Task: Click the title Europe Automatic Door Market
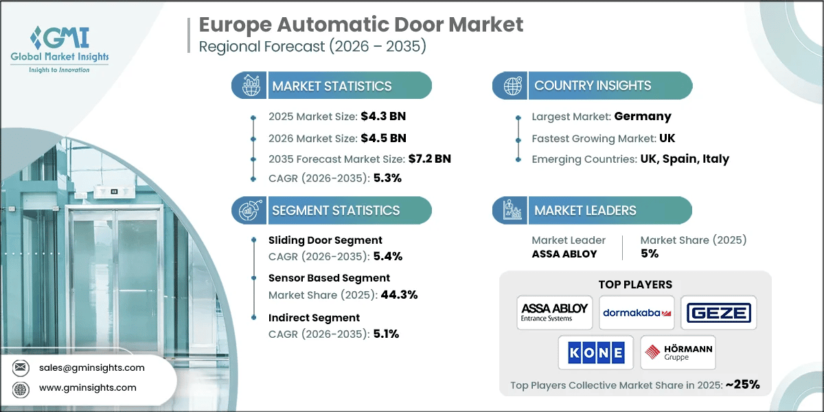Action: tap(360, 25)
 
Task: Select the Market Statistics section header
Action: tap(332, 86)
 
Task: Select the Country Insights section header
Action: tap(592, 86)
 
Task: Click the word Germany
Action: tap(643, 117)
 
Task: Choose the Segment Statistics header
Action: tap(335, 210)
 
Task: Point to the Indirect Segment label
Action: tap(314, 318)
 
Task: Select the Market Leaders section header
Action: tap(585, 210)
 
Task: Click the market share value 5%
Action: tap(649, 253)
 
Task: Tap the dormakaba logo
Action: tap(636, 312)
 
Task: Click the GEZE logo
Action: tap(718, 313)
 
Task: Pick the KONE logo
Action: tap(595, 353)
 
